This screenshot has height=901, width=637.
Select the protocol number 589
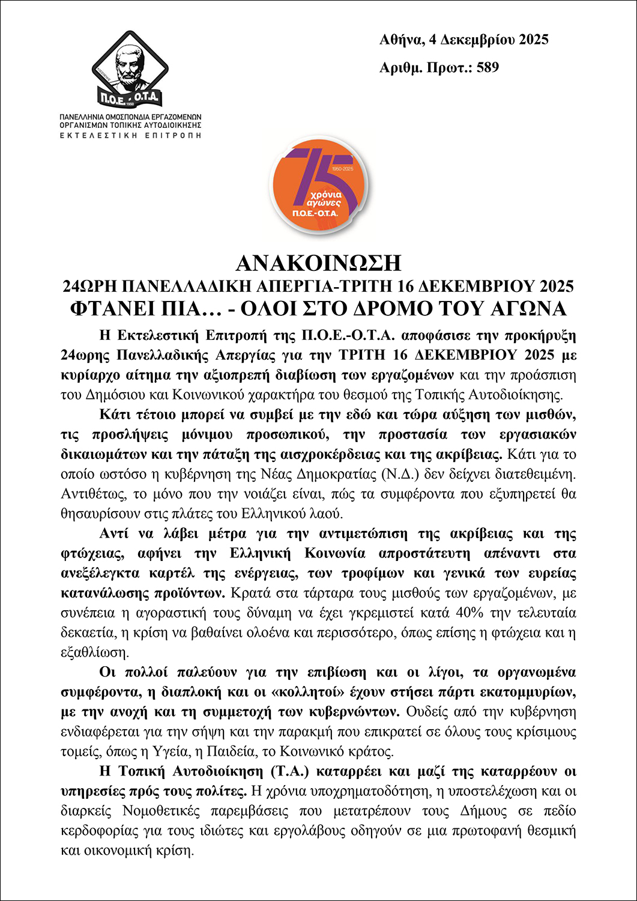(x=488, y=67)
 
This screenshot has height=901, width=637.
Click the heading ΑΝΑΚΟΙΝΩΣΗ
(x=318, y=263)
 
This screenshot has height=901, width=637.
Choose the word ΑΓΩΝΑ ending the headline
(x=531, y=308)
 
